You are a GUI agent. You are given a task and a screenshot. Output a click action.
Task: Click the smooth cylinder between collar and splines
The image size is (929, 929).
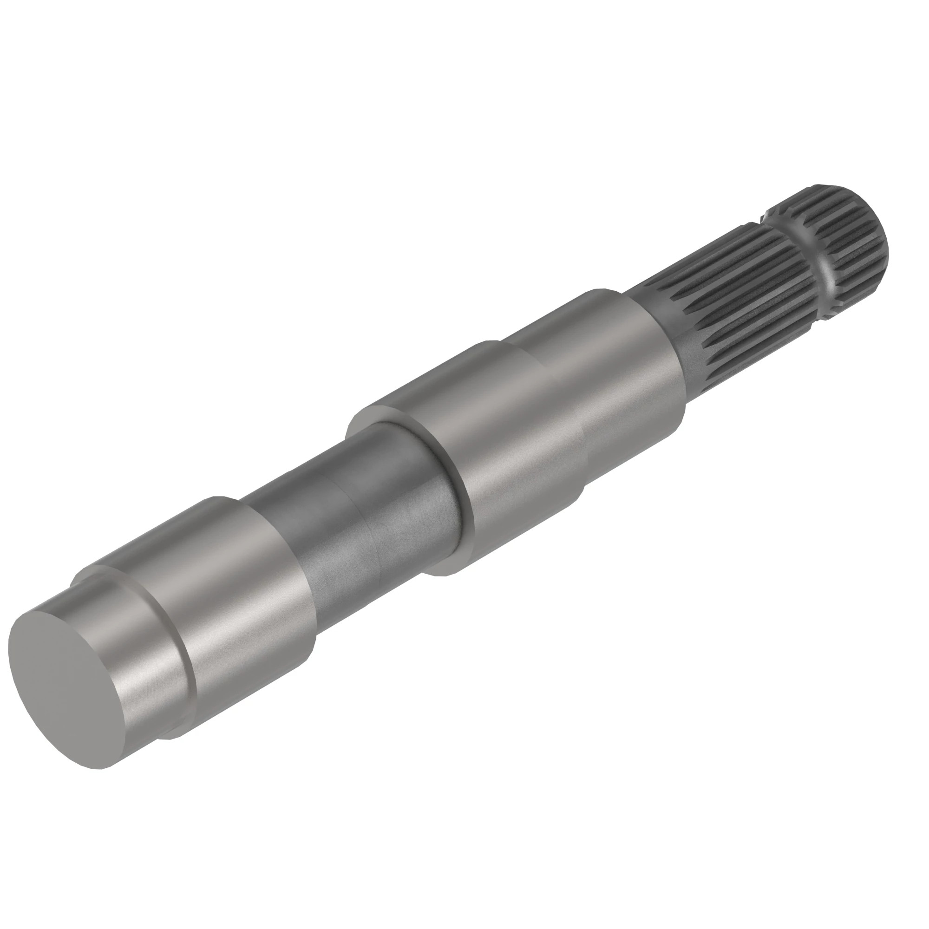pos(625,366)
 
